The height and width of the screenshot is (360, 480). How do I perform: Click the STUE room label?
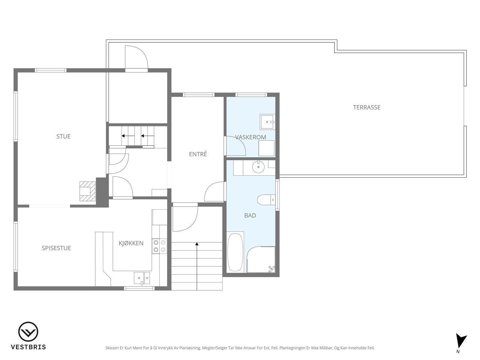[63, 136]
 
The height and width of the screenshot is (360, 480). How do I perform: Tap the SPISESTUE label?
[56, 248]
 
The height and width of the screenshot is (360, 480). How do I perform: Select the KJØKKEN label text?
[131, 243]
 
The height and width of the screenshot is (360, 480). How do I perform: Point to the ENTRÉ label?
[198, 154]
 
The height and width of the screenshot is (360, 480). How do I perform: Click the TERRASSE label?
[367, 107]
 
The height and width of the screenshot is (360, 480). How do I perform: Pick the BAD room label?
[250, 215]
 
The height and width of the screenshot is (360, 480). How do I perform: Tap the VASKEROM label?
[250, 137]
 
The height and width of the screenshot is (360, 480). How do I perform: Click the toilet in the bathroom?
[266, 199]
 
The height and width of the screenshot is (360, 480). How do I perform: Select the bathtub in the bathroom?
[235, 252]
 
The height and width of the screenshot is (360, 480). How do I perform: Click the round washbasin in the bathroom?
[258, 167]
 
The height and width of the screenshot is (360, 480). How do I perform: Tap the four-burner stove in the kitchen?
[159, 246]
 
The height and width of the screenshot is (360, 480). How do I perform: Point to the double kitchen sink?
[142, 278]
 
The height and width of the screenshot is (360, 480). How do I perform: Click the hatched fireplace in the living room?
[88, 191]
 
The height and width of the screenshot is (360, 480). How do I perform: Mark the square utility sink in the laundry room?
[267, 122]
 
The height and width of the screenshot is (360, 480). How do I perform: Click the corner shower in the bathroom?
[261, 260]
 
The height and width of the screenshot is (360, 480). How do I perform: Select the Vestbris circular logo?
[28, 331]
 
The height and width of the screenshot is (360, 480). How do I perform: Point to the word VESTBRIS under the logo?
[28, 347]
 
